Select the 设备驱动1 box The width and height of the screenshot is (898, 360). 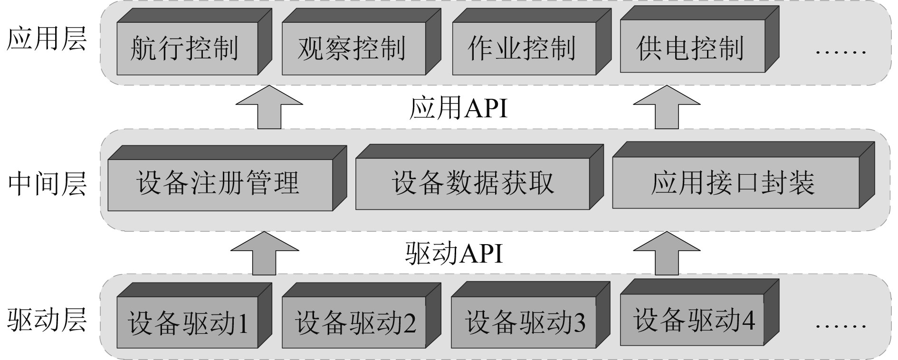(x=187, y=322)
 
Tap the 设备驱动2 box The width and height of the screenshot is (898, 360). (x=353, y=322)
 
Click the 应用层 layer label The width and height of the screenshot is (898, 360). (x=47, y=39)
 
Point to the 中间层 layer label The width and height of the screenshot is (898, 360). (x=47, y=184)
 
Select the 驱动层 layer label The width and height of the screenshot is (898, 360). (x=47, y=320)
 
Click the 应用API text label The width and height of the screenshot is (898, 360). (x=458, y=108)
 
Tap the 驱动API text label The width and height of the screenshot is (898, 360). (x=454, y=253)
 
